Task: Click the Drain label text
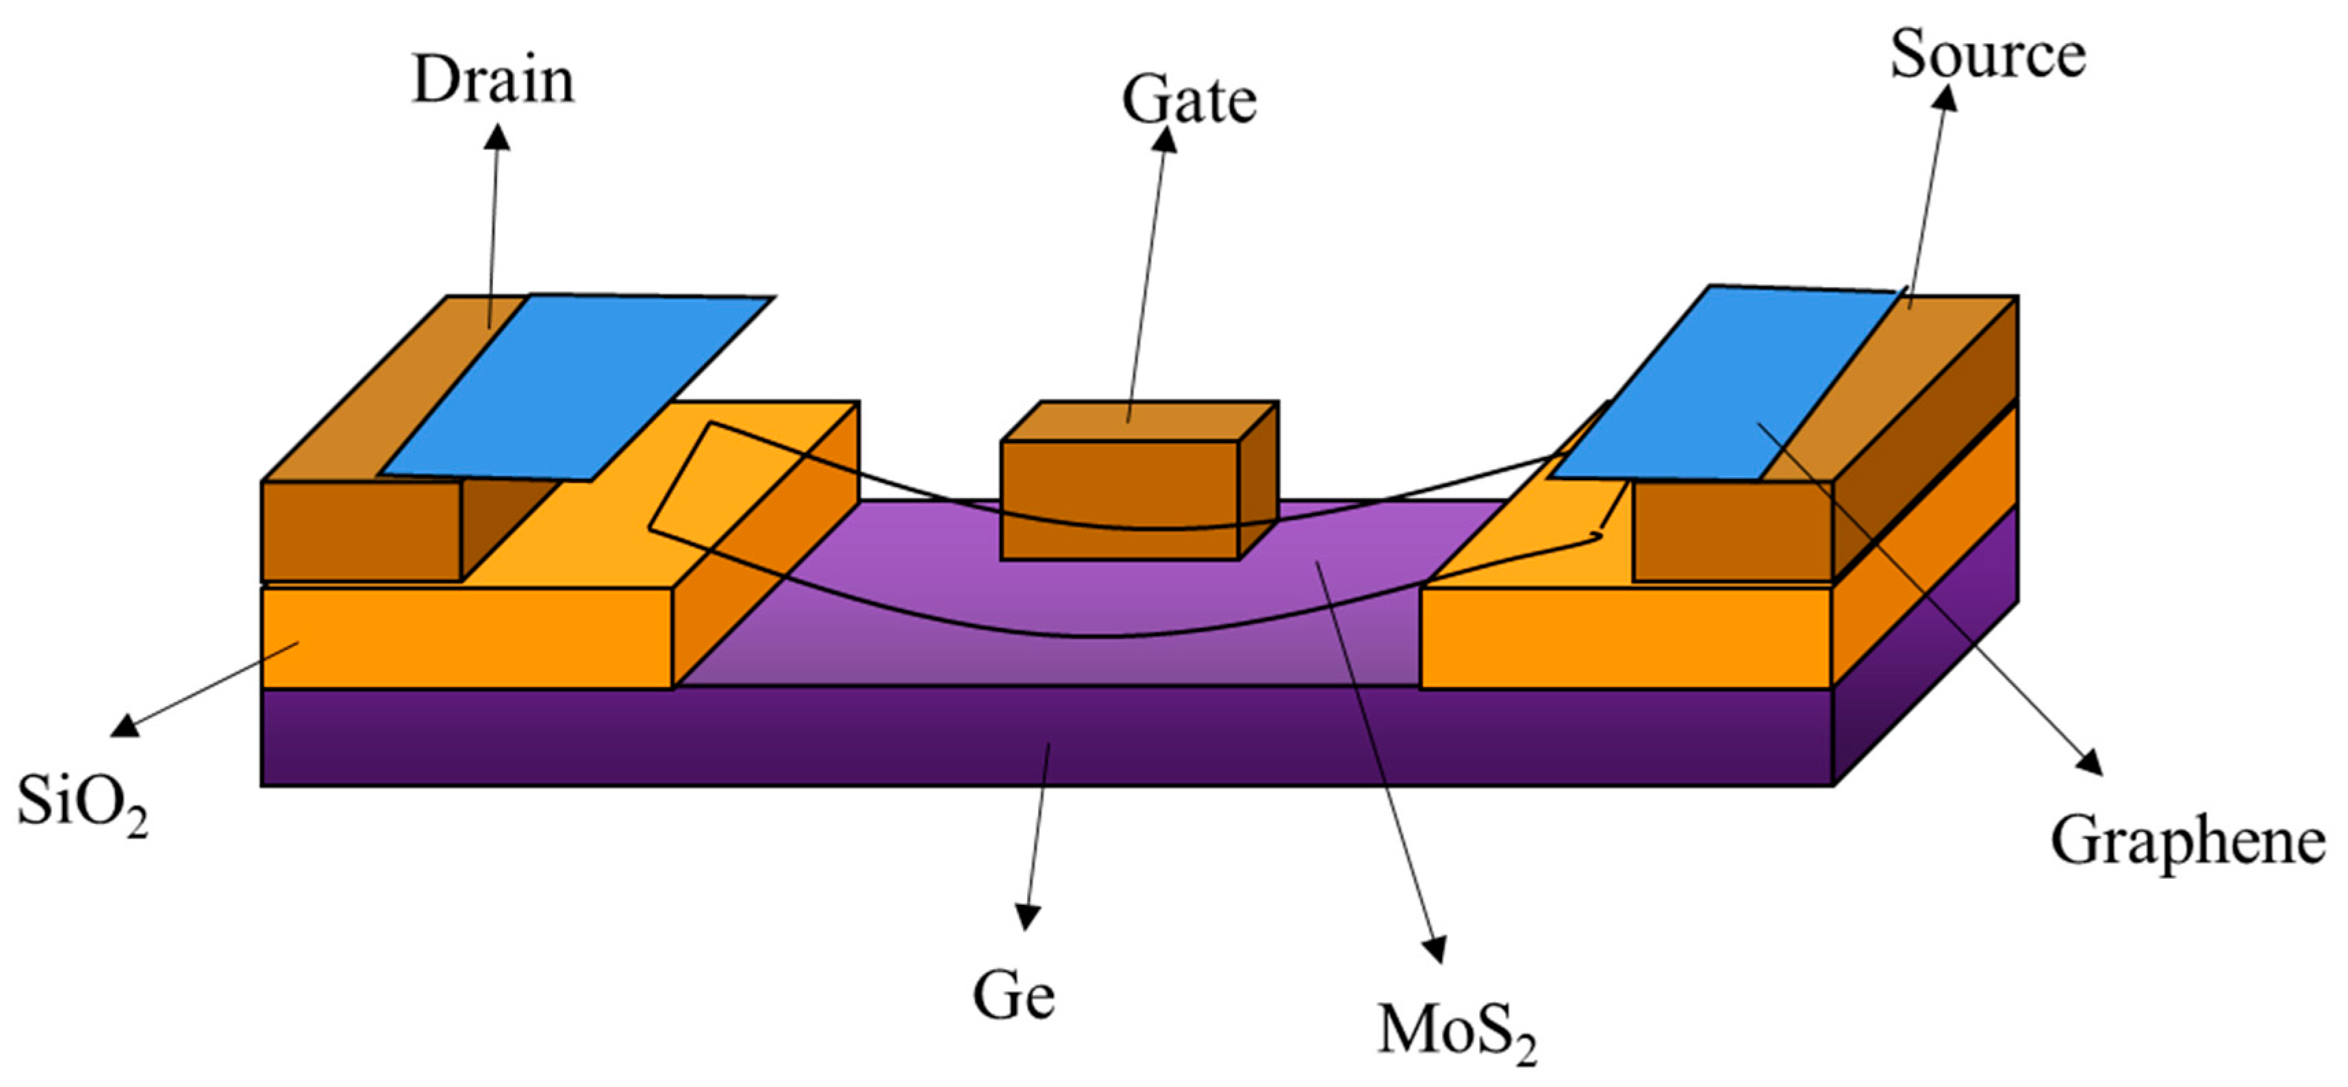coord(493,80)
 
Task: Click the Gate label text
coord(1189,100)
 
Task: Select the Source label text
coord(1987,55)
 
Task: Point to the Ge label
coord(1013,996)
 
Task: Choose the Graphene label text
coord(2188,841)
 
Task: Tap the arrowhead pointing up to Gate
coord(1165,140)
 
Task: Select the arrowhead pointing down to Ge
coord(1028,917)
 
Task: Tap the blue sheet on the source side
coord(1723,383)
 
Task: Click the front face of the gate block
coord(1120,500)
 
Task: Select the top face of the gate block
coord(1139,421)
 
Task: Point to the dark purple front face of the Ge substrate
coord(1046,737)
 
